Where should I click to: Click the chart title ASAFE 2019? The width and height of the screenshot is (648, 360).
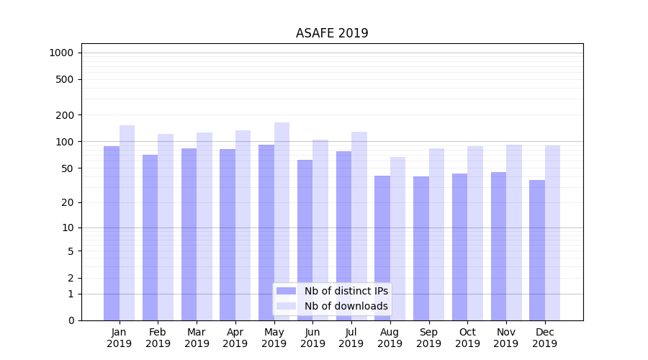tap(332, 33)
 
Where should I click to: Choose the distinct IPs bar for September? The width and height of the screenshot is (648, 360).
tap(421, 248)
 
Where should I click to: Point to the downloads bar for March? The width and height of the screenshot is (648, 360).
tap(204, 226)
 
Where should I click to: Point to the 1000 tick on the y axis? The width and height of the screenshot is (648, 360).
tap(61, 53)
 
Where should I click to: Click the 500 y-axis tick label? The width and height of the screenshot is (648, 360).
tap(64, 79)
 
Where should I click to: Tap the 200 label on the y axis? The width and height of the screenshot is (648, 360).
tap(64, 114)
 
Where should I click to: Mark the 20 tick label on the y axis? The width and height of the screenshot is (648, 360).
tap(67, 202)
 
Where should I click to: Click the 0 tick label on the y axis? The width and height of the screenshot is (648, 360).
tap(71, 320)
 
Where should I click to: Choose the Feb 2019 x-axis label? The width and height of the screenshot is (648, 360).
tap(158, 338)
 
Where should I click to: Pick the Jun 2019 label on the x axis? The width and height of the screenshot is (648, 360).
tap(312, 338)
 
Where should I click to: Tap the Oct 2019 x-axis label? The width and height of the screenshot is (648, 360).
tap(467, 338)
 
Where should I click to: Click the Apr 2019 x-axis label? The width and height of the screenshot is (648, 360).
tap(235, 338)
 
